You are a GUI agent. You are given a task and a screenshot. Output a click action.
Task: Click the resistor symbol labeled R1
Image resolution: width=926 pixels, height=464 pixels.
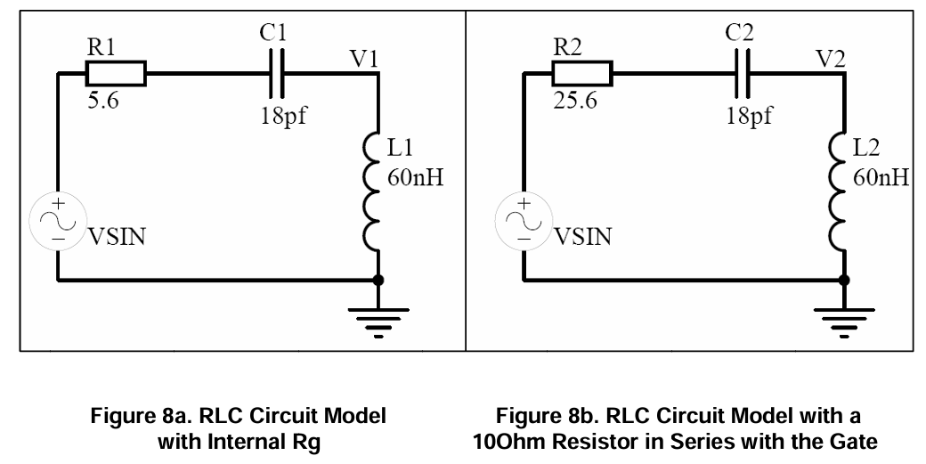click(x=115, y=74)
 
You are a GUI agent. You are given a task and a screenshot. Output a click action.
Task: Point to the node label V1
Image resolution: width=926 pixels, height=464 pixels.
click(x=363, y=59)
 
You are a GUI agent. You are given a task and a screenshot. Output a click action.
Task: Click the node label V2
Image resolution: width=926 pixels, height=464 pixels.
click(x=830, y=59)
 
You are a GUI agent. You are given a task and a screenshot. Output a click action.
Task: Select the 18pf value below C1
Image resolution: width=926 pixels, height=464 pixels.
click(x=284, y=118)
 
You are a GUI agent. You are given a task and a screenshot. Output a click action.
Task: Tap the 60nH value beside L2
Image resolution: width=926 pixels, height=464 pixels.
click(x=881, y=178)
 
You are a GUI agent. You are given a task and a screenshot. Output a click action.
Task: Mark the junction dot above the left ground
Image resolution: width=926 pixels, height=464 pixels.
click(x=378, y=280)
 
